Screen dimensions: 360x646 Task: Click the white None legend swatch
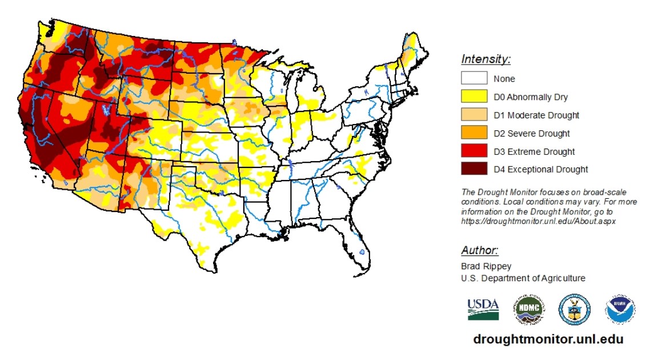coord(474,78)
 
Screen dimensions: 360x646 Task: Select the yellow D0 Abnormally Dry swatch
coord(474,97)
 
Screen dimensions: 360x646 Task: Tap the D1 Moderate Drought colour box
coord(474,115)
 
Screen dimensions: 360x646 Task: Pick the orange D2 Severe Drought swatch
coord(474,133)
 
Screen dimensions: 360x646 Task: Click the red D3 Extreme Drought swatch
coord(474,151)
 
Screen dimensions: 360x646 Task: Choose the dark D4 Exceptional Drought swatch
coord(474,169)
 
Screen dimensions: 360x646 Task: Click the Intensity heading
coord(485,59)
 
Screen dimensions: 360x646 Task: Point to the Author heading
coord(480,250)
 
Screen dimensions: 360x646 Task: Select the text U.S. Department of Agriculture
coord(523,278)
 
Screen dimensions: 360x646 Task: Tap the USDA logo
coord(483,309)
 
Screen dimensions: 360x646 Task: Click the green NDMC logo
coord(528,310)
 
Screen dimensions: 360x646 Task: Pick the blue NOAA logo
coord(620,310)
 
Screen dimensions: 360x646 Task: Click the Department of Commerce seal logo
coord(574,310)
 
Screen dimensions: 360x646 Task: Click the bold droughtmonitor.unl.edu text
coord(548,339)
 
